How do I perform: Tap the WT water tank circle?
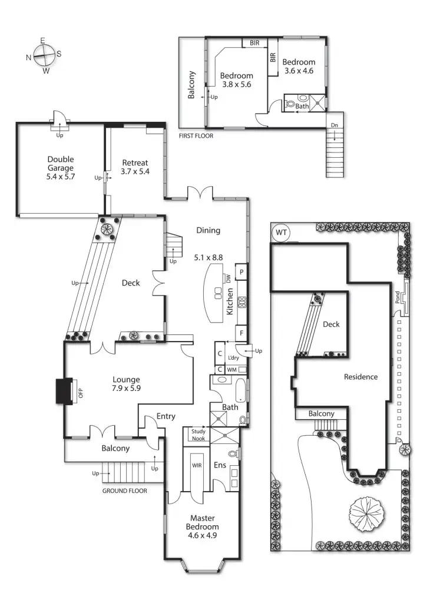(x=282, y=233)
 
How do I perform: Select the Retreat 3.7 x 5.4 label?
(x=135, y=167)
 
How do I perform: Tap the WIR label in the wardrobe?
(x=197, y=465)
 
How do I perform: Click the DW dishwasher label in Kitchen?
(x=227, y=279)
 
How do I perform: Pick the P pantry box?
(x=241, y=272)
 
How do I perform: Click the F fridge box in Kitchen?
(x=241, y=333)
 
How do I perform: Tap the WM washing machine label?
(x=231, y=369)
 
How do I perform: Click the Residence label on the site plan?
(x=360, y=377)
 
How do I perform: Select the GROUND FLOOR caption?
(x=124, y=491)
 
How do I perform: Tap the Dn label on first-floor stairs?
(x=334, y=125)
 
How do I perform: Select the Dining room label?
(x=208, y=230)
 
